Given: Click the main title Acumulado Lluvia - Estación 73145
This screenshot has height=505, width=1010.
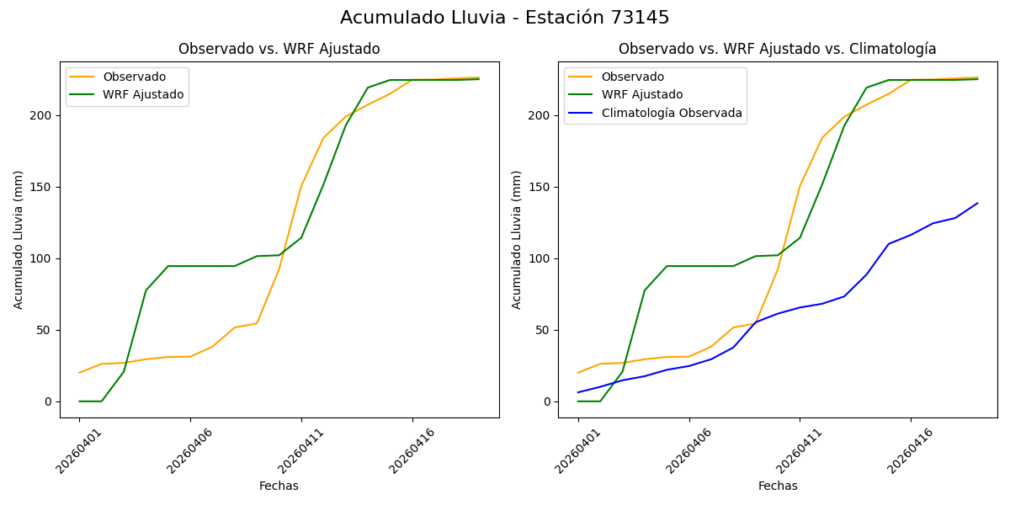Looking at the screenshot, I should tap(504, 18).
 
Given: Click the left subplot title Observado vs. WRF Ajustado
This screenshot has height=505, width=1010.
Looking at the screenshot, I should tap(279, 49).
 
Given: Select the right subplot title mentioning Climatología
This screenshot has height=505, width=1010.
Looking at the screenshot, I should tap(777, 49).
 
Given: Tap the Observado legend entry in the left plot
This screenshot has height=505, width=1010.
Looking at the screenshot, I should tap(134, 77).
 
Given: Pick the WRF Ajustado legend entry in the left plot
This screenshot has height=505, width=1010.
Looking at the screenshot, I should tap(142, 94).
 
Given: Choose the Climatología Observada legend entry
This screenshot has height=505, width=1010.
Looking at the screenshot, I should tap(671, 113).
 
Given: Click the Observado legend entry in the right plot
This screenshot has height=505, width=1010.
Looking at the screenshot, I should tap(632, 77).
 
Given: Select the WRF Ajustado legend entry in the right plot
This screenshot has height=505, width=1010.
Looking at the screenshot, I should tap(641, 94).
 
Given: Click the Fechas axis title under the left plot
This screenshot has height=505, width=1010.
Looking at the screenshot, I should tap(279, 486).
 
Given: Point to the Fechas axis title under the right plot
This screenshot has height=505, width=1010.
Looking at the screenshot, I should tap(778, 486).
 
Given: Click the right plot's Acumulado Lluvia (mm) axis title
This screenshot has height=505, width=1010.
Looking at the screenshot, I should tap(516, 239).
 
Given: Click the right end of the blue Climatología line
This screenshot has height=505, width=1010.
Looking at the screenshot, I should tap(977, 203).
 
